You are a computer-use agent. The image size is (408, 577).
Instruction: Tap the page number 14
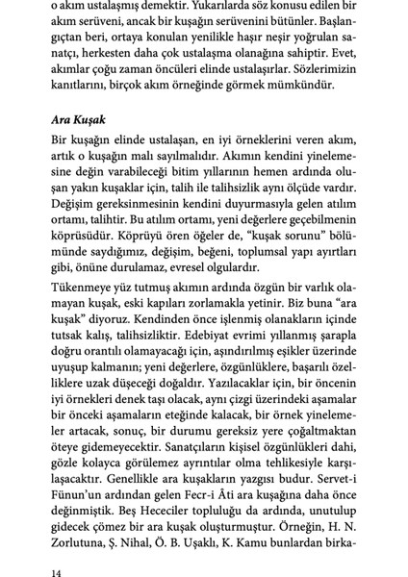coord(56,571)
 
